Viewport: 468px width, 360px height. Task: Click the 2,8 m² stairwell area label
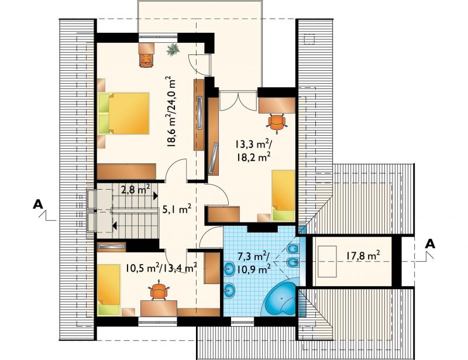[x=136, y=189]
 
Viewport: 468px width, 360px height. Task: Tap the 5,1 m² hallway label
[x=177, y=210]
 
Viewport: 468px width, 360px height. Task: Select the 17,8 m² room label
[x=363, y=256]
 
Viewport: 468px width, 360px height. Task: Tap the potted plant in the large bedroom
[x=173, y=50]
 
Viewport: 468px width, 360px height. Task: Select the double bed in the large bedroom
[x=123, y=113]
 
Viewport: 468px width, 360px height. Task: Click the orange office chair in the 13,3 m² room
[x=277, y=122]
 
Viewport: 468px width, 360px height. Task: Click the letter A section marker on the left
[x=38, y=204]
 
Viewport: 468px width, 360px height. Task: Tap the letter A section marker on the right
[x=430, y=244]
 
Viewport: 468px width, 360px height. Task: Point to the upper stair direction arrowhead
[x=156, y=196]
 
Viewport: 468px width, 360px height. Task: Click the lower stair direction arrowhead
[x=115, y=225]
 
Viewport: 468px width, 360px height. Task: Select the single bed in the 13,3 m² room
[x=283, y=196]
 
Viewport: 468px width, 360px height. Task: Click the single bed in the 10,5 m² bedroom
[x=109, y=290]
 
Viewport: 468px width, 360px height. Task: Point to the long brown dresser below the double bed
[x=126, y=171]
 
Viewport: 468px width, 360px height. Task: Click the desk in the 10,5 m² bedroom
[x=159, y=308]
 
